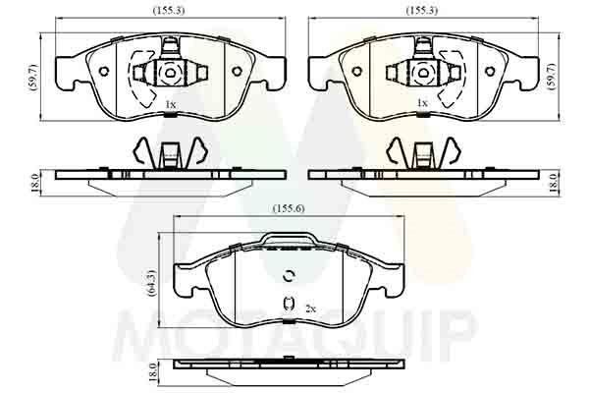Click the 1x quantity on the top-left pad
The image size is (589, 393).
(x=170, y=104)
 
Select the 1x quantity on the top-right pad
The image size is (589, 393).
(x=423, y=103)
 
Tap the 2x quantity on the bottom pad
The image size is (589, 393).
(x=310, y=308)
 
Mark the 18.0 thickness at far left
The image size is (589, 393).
(x=35, y=182)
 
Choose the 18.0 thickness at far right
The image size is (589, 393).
(x=554, y=182)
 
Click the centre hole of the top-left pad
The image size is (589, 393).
(x=169, y=73)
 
